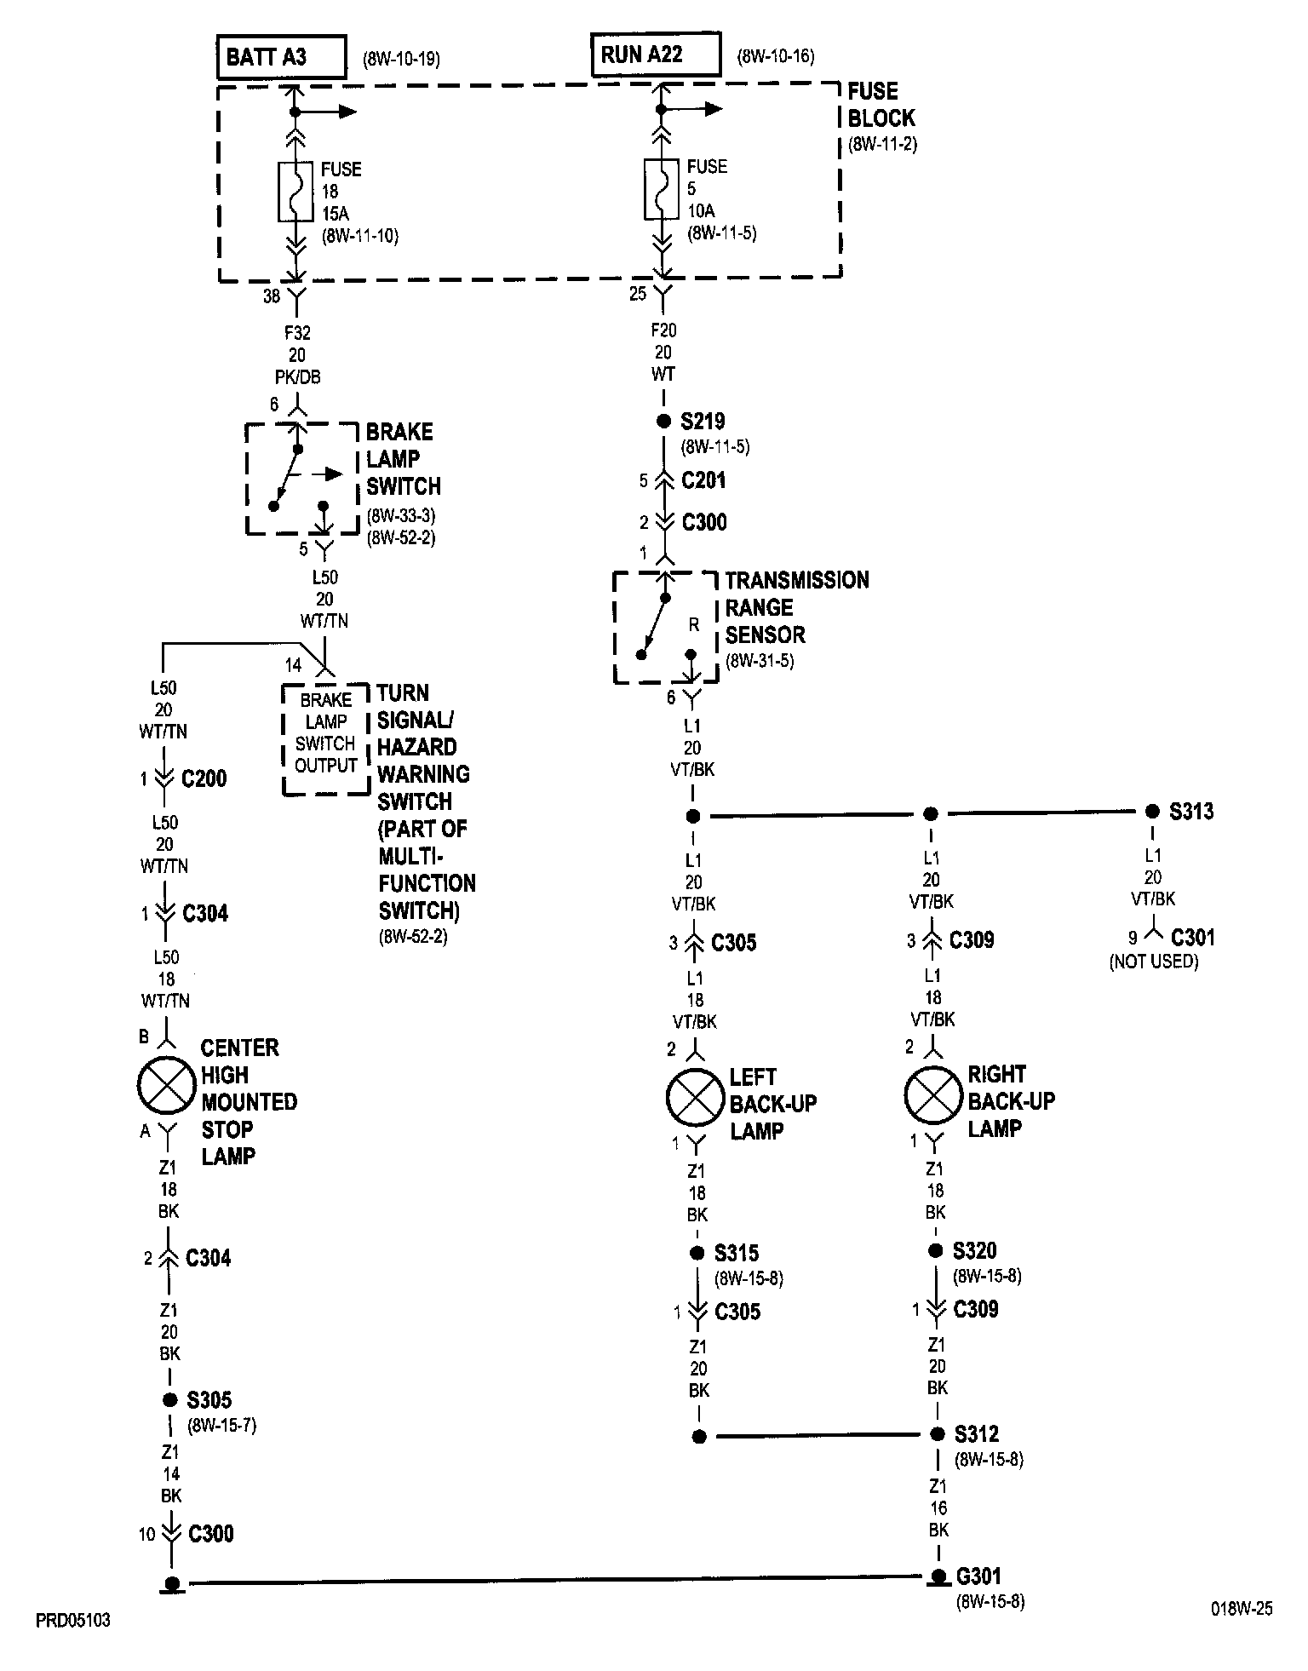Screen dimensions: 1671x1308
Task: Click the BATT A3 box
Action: tap(282, 58)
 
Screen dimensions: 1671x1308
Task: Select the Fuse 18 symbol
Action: tap(295, 192)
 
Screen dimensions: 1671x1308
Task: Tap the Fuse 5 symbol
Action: tap(662, 188)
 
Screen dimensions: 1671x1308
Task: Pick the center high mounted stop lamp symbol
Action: tap(168, 1085)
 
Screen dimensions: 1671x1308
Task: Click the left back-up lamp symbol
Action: tap(696, 1097)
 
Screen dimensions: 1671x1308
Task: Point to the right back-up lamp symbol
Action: tap(933, 1095)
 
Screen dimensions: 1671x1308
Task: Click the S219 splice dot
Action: tap(663, 422)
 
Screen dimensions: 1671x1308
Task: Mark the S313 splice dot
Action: tap(1152, 812)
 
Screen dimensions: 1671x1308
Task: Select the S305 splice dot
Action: tap(169, 1399)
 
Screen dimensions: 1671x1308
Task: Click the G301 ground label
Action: tap(978, 1576)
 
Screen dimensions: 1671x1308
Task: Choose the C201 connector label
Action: tap(703, 480)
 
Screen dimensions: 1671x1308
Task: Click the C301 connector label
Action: tap(1192, 938)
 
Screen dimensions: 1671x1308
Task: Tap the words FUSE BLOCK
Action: tap(881, 105)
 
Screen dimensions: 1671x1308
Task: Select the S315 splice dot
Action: tap(697, 1253)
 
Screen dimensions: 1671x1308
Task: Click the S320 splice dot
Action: tap(936, 1250)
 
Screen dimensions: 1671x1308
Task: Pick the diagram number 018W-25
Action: tap(1242, 1609)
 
